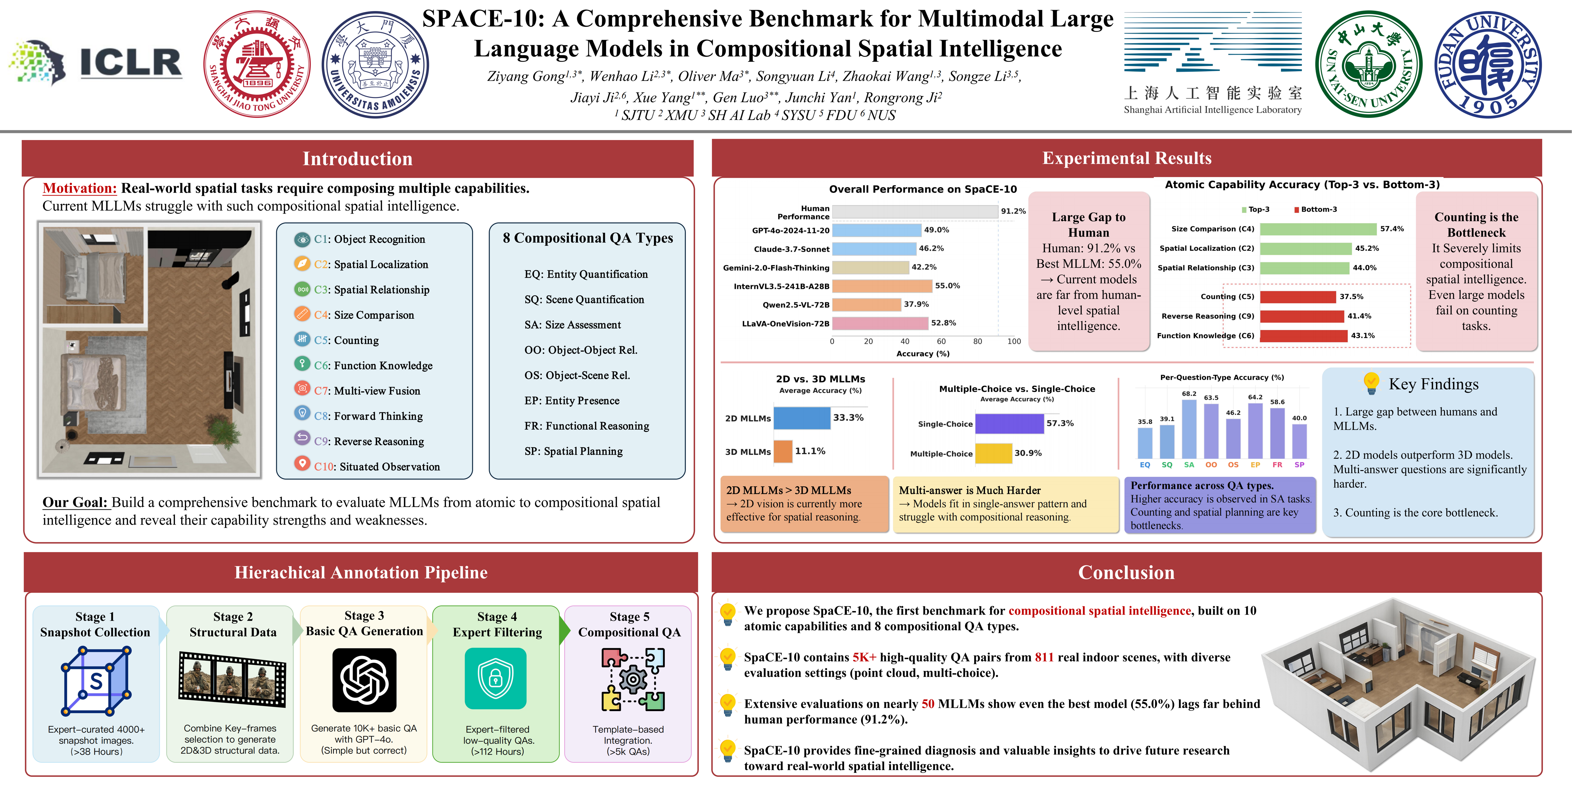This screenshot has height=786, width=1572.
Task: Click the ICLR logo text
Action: (x=130, y=63)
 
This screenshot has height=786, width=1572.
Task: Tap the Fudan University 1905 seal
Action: (x=1488, y=65)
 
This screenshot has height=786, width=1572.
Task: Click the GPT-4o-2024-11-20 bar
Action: (x=876, y=230)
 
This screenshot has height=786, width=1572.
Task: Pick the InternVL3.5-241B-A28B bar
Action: (x=882, y=286)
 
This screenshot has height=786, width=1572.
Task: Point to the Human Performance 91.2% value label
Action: (x=1013, y=211)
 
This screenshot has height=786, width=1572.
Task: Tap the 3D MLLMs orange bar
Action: (x=783, y=452)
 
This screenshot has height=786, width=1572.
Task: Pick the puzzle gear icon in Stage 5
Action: (x=633, y=679)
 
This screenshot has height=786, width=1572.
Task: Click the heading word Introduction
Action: (x=358, y=159)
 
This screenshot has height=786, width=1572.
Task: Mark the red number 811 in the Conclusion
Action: (x=1044, y=657)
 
